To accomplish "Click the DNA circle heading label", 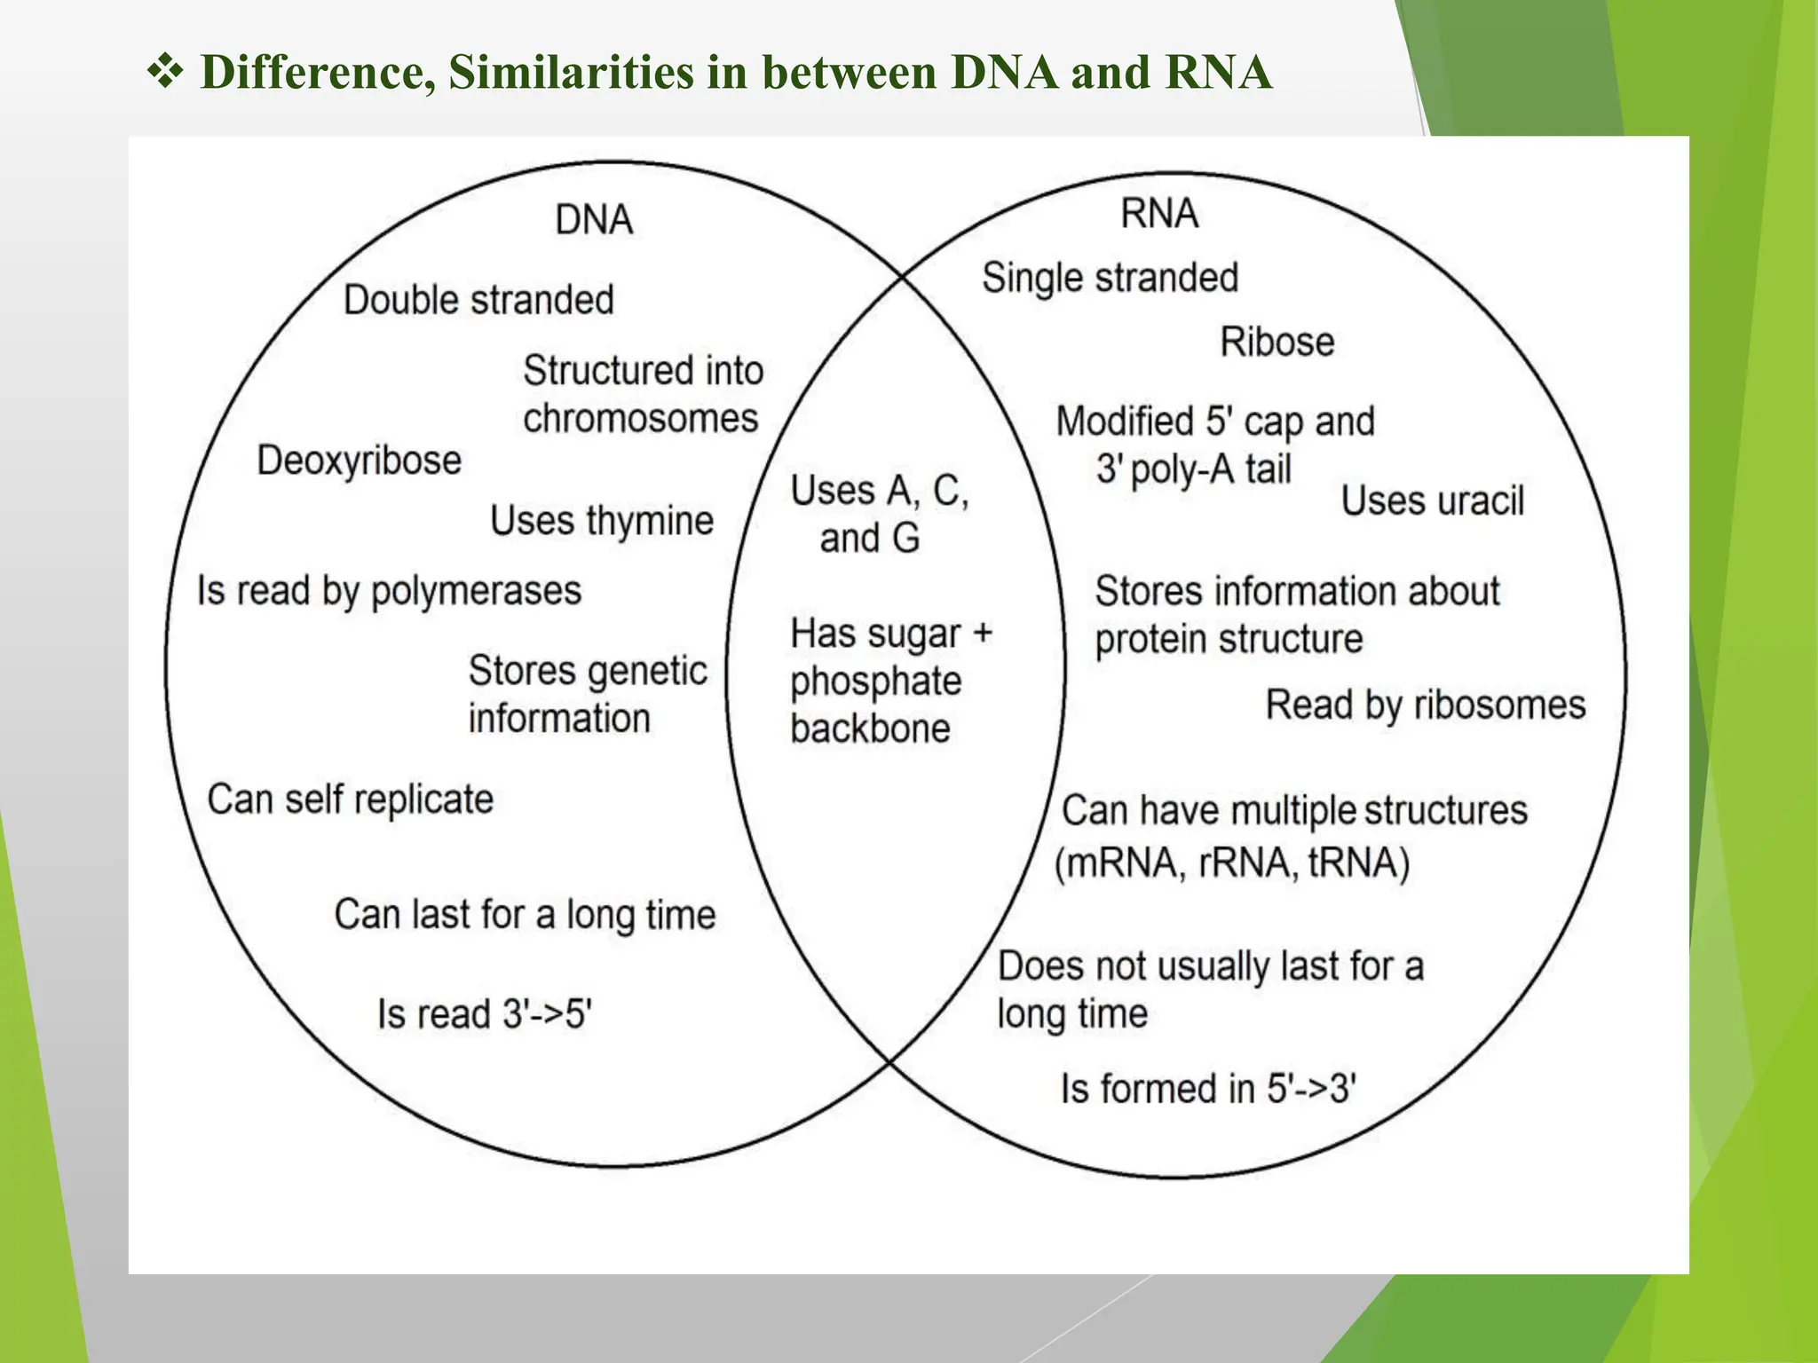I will [x=594, y=220].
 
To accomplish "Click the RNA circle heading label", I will [x=1159, y=214].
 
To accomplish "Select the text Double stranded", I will [x=478, y=300].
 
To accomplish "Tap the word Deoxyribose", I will [x=360, y=461].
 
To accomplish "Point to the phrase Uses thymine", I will [x=602, y=521].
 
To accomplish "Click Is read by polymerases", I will [x=389, y=591].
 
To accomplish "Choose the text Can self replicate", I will [x=350, y=800].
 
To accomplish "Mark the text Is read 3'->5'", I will [x=485, y=1013].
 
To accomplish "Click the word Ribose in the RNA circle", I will [x=1277, y=343].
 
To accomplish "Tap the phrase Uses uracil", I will [x=1432, y=501].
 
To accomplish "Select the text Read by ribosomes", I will [x=1425, y=705].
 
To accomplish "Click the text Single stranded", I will [x=1110, y=278].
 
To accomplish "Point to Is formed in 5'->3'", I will [x=1208, y=1089].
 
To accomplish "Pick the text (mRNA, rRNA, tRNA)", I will [x=1232, y=863].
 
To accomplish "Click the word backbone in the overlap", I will [x=870, y=729].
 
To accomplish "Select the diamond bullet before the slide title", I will [x=165, y=72].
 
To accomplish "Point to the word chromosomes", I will [x=640, y=419].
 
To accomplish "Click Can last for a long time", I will [x=525, y=915].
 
